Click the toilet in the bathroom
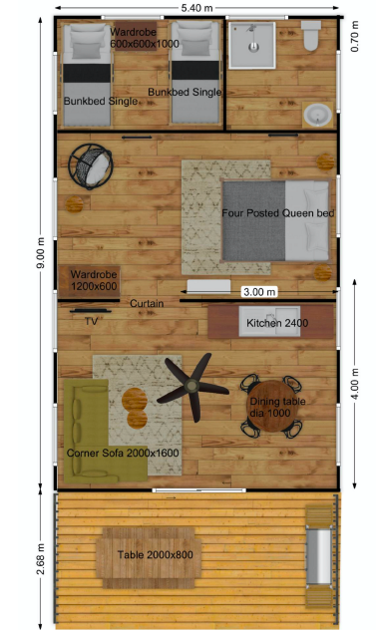coord(311,35)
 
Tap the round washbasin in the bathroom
coord(318,115)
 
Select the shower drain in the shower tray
coord(253,47)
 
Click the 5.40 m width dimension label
coord(197,8)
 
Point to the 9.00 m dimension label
coord(41,253)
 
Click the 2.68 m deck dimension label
coord(41,559)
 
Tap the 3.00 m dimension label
coord(259,292)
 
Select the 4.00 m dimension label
coord(355,384)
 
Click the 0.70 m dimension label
coord(355,37)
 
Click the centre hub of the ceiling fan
coord(191,386)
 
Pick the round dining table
coord(272,406)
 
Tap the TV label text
coord(92,321)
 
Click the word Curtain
coord(147,303)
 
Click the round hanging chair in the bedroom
coord(91,166)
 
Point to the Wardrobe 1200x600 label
coord(94,280)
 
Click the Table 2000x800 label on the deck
coord(156,555)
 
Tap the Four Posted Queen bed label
coord(278,213)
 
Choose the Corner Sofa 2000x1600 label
coord(123,454)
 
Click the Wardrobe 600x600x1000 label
coord(145,38)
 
